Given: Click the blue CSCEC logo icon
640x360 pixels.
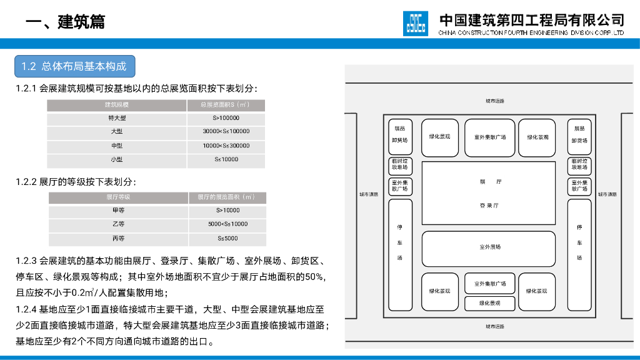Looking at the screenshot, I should coord(416,23).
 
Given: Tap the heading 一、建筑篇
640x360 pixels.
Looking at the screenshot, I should coord(66,22).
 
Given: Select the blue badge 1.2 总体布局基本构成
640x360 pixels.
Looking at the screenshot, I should coord(74,66).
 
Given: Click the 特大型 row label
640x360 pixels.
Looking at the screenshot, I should coord(117,118).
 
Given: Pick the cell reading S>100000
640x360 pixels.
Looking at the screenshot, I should coord(226,118).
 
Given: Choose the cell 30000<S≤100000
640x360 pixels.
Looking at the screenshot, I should coord(226,131).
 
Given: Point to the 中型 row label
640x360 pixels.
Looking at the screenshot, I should coord(117,146).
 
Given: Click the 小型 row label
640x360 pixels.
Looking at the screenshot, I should coord(117,159).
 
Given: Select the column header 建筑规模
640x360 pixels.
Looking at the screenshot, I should coord(117,105).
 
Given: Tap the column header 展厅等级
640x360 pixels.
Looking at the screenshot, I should coord(118,197).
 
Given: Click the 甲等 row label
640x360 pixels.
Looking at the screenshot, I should coord(118,211).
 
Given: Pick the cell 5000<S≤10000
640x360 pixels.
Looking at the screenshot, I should coord(227,224).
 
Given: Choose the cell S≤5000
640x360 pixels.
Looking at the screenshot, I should coord(227,238).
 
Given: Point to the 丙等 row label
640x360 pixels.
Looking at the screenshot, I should coord(118,238).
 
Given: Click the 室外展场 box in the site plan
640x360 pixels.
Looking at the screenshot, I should coord(489,247).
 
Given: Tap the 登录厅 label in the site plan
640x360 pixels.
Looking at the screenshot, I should coord(489,205).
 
